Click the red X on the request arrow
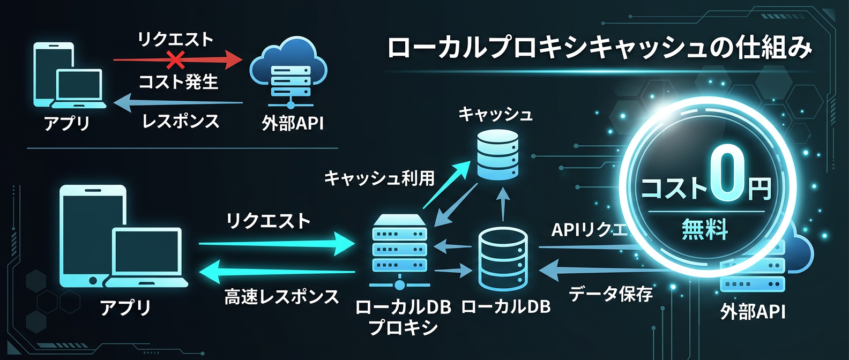click(x=175, y=60)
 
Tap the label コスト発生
click(x=178, y=82)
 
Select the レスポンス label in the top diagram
click(x=181, y=122)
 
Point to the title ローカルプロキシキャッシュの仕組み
click(x=599, y=48)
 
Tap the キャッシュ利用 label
click(x=379, y=178)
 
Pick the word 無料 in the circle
click(x=705, y=230)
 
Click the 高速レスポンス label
click(x=281, y=296)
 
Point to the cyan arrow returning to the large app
click(x=276, y=272)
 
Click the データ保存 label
click(x=610, y=294)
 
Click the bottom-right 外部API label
click(x=753, y=311)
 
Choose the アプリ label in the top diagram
click(x=66, y=123)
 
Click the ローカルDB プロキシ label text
click(x=403, y=317)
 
